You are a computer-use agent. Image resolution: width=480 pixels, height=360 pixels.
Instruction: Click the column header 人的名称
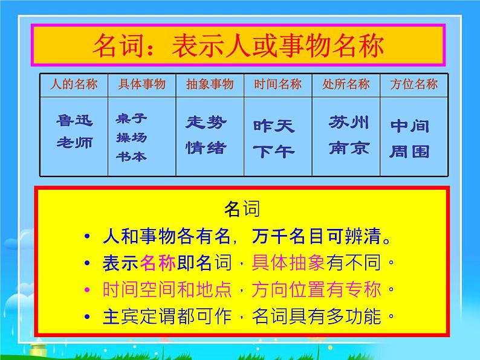coord(74,84)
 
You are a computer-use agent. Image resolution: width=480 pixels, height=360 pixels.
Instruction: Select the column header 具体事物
coord(143,84)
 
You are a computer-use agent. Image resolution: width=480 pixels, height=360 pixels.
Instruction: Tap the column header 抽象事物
coord(210,84)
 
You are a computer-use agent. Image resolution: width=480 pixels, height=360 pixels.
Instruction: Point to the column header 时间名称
coord(277,84)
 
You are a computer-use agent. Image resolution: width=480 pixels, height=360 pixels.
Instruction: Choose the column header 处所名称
coord(346,84)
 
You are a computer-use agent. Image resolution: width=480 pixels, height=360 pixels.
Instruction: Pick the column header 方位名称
coord(414,84)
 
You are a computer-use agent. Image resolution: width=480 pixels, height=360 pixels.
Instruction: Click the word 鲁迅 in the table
coord(75,122)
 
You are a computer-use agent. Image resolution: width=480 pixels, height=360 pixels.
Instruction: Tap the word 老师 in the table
coord(75,144)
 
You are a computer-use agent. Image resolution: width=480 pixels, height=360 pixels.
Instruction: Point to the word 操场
coord(131,137)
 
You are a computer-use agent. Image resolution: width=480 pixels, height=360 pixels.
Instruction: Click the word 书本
coord(131,156)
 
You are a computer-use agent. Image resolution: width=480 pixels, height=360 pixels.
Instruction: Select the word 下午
coord(274,151)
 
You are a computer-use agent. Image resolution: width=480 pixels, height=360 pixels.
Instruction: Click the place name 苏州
coord(349,123)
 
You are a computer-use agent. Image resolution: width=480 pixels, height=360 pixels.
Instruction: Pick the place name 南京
coord(349,147)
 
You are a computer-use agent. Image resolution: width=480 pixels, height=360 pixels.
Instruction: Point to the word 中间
coord(410,126)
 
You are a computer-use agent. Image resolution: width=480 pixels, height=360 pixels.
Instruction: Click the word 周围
coord(410,150)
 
